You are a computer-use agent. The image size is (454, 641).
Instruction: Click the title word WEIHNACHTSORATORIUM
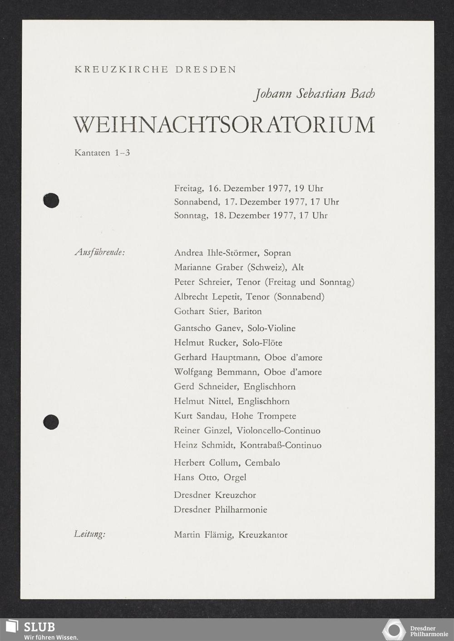coord(224,124)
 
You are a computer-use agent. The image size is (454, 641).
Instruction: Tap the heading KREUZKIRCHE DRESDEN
coord(155,70)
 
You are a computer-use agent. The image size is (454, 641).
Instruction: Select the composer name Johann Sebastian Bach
coord(315,94)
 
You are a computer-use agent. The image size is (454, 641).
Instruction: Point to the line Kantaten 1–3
coord(102,153)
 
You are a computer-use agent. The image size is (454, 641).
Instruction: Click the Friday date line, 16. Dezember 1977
coord(248,188)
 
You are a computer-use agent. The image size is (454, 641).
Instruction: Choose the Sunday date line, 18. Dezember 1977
coord(250,215)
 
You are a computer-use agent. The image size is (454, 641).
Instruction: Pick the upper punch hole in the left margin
coord(51,200)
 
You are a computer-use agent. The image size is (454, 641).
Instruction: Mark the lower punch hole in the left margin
coord(51,422)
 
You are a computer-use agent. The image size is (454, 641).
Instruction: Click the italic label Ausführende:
coord(100,252)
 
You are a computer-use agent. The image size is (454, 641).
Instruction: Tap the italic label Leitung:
coord(89,534)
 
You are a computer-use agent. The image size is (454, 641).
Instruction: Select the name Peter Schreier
coord(202,282)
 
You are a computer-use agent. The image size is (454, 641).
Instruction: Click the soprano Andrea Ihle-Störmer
coord(216,253)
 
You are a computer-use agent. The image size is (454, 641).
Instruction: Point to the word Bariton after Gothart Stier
coord(247,311)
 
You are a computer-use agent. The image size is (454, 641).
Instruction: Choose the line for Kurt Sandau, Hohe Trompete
coord(235,416)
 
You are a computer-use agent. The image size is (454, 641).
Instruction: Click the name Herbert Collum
coord(207,462)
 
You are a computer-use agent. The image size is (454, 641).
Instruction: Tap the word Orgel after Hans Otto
coord(235,477)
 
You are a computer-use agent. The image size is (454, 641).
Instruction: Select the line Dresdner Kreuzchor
coord(215,495)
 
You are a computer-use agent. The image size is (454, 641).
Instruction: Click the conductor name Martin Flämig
coord(203,535)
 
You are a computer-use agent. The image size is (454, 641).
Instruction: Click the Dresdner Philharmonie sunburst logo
coord(393,630)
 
